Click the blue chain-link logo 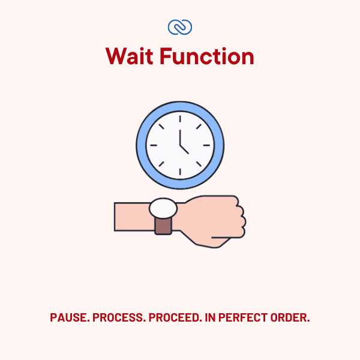(180, 27)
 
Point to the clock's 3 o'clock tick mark (207, 145)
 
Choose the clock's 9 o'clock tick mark (153, 145)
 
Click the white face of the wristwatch (163, 208)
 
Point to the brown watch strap (163, 226)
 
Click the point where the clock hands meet (180, 145)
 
